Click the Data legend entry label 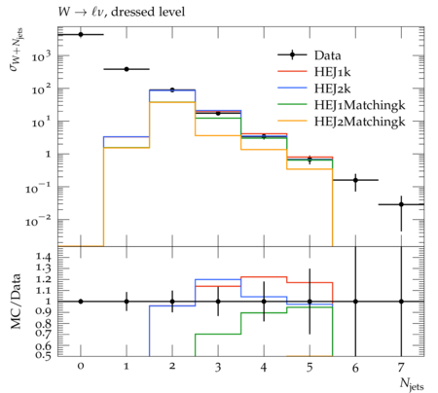[x=327, y=55]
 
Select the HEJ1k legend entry [x=332, y=72]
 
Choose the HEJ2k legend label [x=332, y=89]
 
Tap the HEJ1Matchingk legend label [x=359, y=105]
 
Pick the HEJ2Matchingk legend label [x=359, y=122]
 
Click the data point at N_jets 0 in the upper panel [x=81, y=34]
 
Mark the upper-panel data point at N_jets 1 [x=127, y=69]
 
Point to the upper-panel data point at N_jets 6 [x=355, y=180]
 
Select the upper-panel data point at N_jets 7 [x=401, y=204]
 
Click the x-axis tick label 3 [x=218, y=368]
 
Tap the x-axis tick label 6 [x=355, y=368]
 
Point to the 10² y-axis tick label [x=42, y=89]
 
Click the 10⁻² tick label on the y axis [x=38, y=221]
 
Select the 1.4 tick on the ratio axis [x=43, y=258]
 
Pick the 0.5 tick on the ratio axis [x=43, y=355]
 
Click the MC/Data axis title [x=16, y=302]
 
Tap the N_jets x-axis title [x=412, y=384]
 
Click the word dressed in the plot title [x=132, y=12]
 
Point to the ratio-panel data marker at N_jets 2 [x=172, y=302]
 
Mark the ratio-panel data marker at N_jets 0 [x=81, y=302]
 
